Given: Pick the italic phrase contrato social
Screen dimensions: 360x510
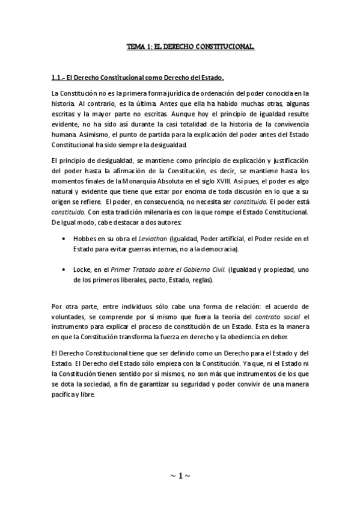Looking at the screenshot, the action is (x=276, y=316).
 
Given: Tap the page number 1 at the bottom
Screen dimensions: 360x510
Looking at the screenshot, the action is (x=180, y=476).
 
